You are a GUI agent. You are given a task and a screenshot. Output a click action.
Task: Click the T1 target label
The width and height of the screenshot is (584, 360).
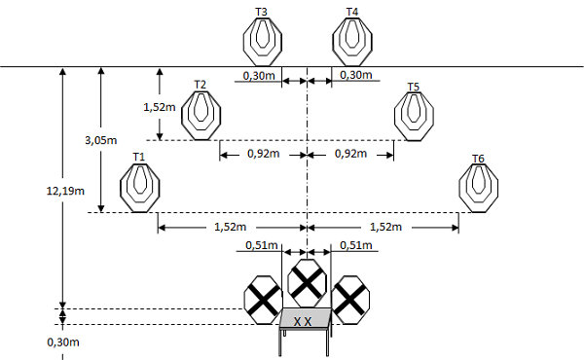click(x=139, y=157)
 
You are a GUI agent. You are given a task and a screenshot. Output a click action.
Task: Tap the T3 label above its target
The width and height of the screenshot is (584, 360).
click(x=261, y=12)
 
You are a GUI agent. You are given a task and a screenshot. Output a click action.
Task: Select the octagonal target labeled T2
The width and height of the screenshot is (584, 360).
click(x=201, y=115)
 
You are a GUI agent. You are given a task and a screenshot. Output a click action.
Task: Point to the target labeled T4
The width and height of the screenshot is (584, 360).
click(x=352, y=41)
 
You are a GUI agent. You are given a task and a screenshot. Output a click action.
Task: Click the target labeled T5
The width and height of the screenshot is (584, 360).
click(x=415, y=116)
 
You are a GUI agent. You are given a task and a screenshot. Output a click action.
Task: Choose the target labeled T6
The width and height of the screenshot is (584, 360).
click(x=479, y=188)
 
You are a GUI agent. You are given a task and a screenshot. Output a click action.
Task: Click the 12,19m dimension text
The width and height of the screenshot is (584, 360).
click(x=65, y=192)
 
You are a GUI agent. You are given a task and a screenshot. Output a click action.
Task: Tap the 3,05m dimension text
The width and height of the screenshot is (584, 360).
click(x=101, y=140)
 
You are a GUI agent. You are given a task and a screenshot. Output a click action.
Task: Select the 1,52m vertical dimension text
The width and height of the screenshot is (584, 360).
click(x=160, y=107)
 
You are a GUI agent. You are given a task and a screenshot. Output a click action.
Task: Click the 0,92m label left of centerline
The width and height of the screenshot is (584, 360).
click(x=264, y=154)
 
